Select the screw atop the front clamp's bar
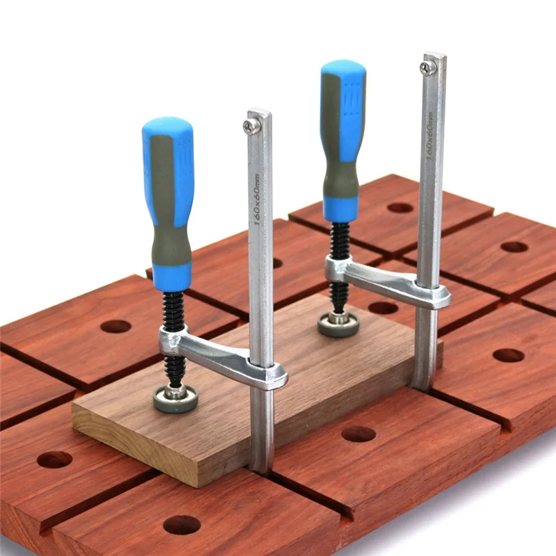point(252,126)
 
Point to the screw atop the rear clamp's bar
point(427,67)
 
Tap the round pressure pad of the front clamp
point(175,398)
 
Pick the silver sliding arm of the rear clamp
point(389,281)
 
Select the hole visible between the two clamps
point(382,307)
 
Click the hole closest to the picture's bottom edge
point(182,525)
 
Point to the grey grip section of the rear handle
point(341,174)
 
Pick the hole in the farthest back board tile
point(400,207)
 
